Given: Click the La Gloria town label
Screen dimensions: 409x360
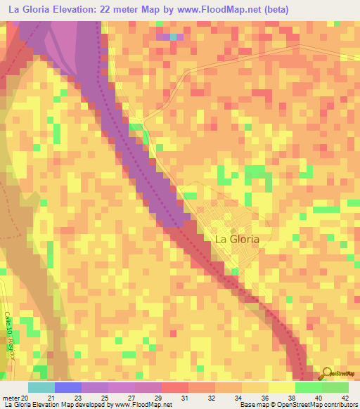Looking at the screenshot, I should tap(236, 239).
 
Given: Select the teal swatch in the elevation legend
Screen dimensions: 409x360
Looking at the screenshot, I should tap(41, 387).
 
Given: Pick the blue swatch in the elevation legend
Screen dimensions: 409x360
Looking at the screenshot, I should tap(68, 387).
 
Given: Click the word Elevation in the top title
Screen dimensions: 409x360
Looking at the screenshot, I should tap(79, 9).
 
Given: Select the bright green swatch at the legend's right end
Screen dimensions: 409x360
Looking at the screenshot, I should tap(335, 387).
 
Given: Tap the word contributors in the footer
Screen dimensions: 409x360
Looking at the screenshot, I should tap(338, 405).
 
